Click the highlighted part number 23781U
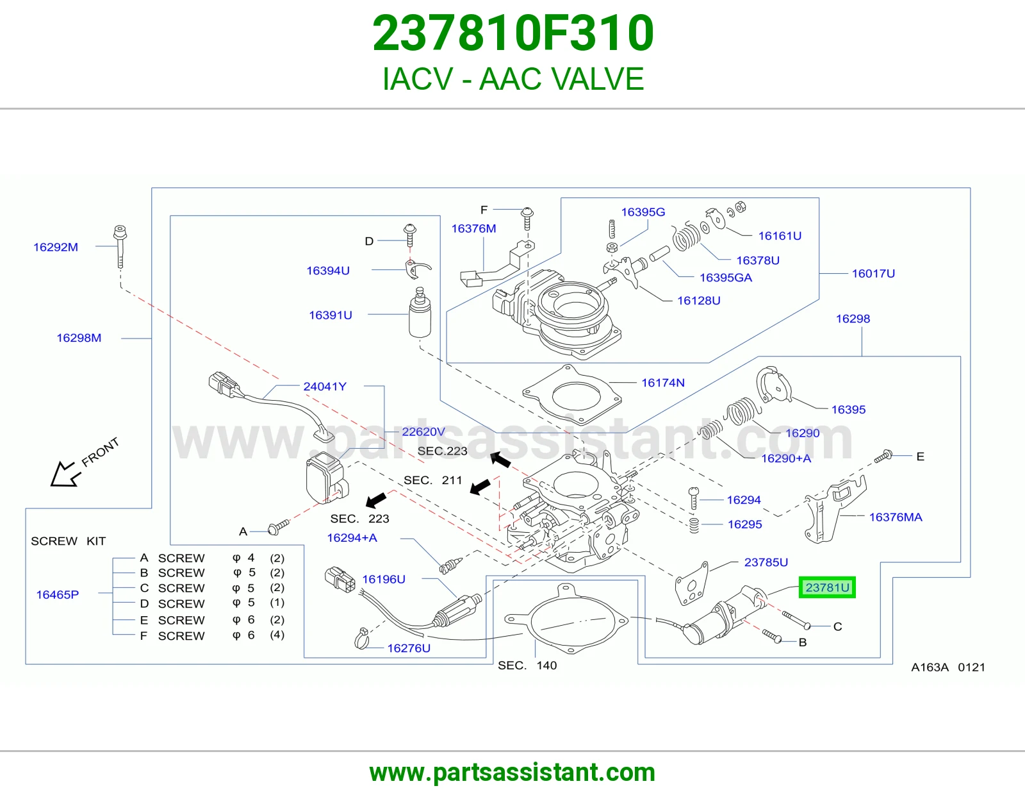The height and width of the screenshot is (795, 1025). (x=827, y=587)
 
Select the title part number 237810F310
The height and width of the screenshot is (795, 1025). (x=512, y=33)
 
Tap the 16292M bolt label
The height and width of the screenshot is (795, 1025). (x=56, y=247)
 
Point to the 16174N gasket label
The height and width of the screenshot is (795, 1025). (x=663, y=382)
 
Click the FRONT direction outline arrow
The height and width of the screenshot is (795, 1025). (x=64, y=474)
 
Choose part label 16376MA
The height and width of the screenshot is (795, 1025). (x=896, y=517)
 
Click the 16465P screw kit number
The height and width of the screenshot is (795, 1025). (x=58, y=594)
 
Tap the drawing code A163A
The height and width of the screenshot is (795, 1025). (x=930, y=667)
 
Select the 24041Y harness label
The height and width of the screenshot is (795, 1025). (x=325, y=386)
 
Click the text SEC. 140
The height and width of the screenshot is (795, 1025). (x=527, y=665)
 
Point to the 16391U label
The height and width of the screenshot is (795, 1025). (x=330, y=315)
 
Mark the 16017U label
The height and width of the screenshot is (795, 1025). (x=873, y=273)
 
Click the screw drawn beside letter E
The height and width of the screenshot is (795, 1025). (x=883, y=456)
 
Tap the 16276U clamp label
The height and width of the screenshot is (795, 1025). (x=409, y=648)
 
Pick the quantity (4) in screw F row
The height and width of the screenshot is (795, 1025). (x=277, y=635)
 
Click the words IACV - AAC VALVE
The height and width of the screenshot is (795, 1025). (x=512, y=79)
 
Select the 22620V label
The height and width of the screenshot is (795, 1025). (x=423, y=431)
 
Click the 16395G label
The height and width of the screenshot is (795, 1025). (x=643, y=212)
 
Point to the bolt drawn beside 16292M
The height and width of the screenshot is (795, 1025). (x=120, y=246)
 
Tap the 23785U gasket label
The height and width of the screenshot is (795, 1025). (x=766, y=562)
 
